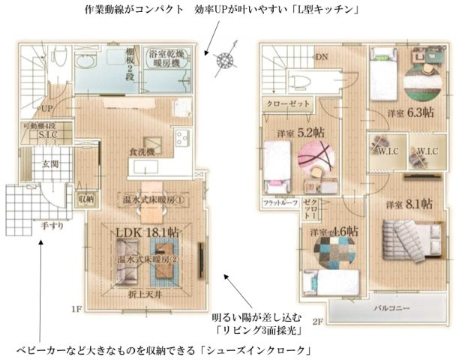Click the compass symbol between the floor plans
tap(223, 61)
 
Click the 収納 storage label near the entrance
tap(86, 199)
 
